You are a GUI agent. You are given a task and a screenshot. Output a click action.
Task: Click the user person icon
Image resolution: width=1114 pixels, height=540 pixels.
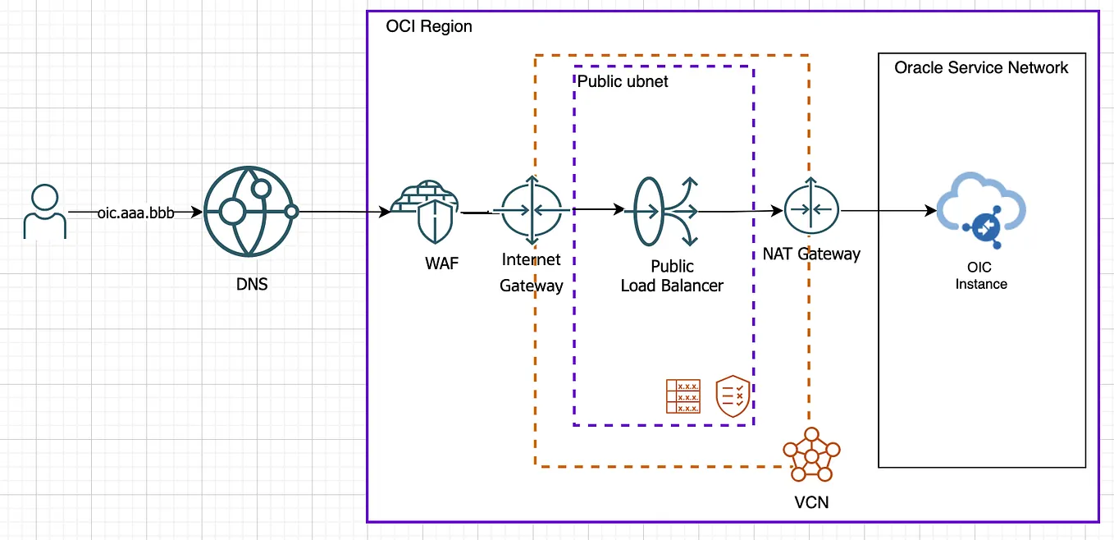point(44,211)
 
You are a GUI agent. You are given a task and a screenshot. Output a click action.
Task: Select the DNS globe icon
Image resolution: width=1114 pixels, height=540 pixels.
point(249,211)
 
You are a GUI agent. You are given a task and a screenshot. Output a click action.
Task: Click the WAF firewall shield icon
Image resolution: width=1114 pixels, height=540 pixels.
point(425,211)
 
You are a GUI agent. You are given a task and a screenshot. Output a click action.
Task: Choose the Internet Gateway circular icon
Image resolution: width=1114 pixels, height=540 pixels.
point(532,211)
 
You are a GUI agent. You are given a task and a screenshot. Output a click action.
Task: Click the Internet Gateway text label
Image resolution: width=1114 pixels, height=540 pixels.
point(532,273)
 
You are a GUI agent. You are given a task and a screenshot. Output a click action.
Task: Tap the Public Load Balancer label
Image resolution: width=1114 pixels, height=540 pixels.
point(672,277)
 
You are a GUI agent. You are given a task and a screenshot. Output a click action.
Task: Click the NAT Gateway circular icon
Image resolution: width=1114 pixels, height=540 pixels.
point(811,210)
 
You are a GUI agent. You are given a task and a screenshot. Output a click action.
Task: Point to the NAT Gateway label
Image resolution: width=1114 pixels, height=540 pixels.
point(806,254)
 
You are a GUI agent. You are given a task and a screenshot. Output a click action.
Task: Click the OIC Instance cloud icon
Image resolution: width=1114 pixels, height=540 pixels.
point(982,213)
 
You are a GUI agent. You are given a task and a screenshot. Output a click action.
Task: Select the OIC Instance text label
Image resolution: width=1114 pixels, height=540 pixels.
point(981,276)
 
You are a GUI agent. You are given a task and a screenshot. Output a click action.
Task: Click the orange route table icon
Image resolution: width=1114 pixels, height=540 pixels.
point(683,396)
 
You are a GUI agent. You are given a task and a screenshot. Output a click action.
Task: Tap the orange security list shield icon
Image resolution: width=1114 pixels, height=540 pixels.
point(733,396)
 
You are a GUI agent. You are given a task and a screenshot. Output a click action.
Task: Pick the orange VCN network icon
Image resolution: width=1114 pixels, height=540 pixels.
point(811,455)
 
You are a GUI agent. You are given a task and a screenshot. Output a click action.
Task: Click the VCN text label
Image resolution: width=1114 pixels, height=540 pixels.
point(811,501)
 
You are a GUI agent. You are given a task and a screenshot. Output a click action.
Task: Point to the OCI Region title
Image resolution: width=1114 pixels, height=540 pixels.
point(429,26)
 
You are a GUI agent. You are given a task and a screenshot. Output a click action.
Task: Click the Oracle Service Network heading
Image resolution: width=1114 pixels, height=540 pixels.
point(981,67)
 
